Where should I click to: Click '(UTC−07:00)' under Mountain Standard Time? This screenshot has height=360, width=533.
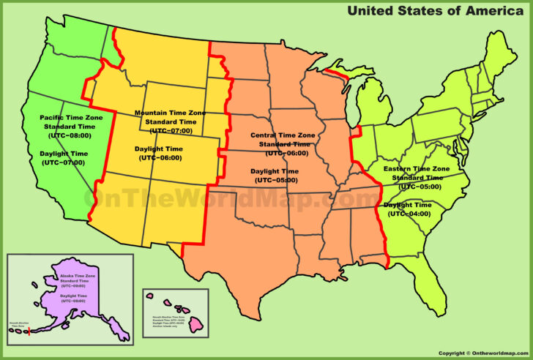click(x=171, y=131)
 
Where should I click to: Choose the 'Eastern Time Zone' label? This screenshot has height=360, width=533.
click(x=417, y=169)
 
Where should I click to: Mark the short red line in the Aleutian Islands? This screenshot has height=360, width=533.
click(x=29, y=332)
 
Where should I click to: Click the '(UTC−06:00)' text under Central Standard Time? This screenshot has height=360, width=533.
click(x=286, y=153)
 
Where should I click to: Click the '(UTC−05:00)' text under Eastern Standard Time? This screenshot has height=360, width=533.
click(x=417, y=187)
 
